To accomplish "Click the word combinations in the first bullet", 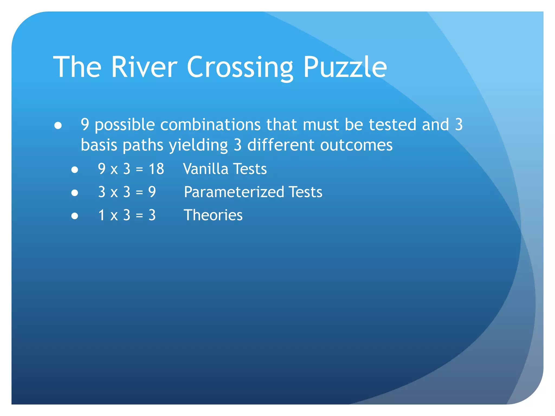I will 211,125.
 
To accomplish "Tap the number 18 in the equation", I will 156,169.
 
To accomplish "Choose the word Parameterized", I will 234,192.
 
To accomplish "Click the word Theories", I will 213,215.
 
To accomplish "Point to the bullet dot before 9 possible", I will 58,126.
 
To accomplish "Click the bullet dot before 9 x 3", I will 75,170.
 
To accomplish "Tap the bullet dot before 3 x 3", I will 75,193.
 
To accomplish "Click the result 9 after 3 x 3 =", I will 152,192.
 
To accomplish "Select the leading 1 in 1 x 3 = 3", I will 102,215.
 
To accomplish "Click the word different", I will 281,145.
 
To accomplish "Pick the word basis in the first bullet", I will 99,145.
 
